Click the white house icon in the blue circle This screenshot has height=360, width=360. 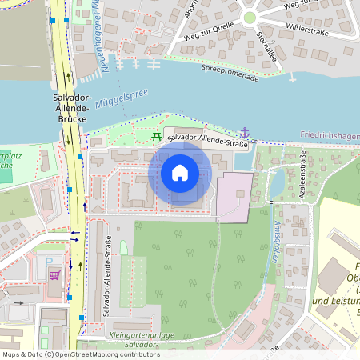(180, 173)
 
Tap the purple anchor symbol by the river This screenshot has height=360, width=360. (244, 133)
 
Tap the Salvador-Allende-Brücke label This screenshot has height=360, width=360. (69, 108)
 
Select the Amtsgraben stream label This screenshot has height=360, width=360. (275, 240)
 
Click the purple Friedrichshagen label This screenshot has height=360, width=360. (328, 137)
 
